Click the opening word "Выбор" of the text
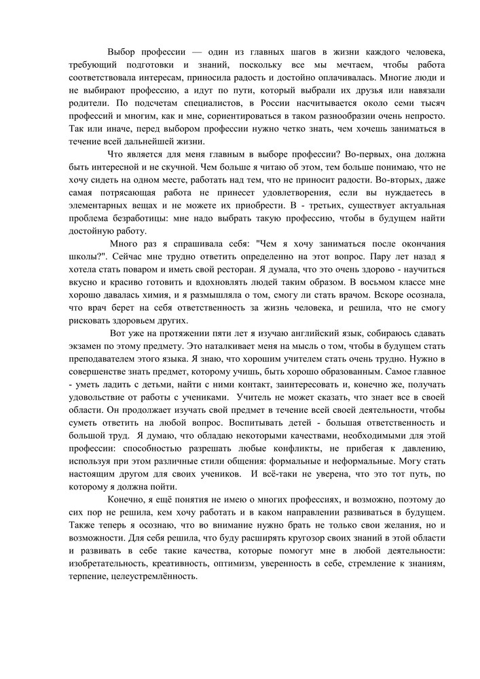click(122, 52)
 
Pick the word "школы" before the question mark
click(84, 257)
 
